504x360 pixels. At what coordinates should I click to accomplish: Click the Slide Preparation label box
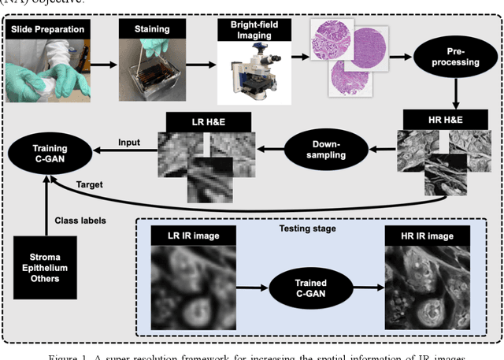click(46, 29)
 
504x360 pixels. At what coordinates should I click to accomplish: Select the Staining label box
click(150, 29)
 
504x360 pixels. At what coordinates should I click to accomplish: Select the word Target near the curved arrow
click(89, 184)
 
